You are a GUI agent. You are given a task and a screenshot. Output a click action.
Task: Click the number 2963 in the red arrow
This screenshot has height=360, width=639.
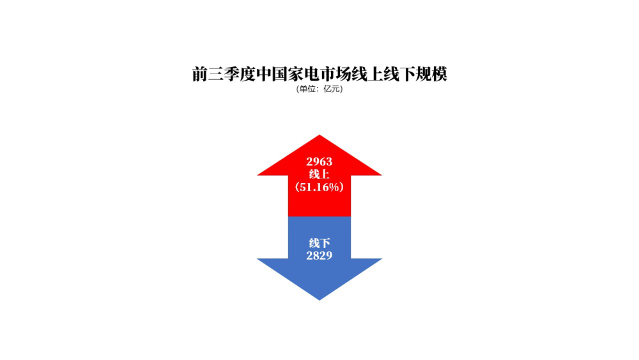(x=319, y=161)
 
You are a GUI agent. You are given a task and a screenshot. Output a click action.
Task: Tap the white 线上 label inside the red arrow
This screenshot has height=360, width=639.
(x=319, y=174)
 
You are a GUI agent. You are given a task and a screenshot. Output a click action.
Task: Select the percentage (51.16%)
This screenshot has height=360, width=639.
(x=319, y=187)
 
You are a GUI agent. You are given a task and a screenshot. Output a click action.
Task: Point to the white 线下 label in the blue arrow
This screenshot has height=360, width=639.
(x=319, y=244)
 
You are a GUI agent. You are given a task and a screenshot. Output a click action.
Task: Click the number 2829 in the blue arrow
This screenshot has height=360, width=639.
(x=319, y=256)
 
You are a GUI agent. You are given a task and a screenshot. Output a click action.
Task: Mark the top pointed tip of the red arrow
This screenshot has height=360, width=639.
(x=319, y=135)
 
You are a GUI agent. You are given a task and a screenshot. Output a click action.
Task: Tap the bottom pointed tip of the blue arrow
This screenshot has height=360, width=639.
(x=319, y=300)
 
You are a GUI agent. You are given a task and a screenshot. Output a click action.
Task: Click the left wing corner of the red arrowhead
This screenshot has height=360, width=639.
(x=258, y=175)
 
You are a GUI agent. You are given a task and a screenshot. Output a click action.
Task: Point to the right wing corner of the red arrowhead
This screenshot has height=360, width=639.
(x=381, y=175)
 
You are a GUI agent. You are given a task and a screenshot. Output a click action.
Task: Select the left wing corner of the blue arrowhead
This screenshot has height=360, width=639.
(x=258, y=259)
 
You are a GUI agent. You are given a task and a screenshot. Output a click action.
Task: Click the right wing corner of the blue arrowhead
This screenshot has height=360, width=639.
(x=381, y=259)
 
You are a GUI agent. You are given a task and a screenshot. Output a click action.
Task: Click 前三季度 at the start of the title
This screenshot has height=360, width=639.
(x=224, y=74)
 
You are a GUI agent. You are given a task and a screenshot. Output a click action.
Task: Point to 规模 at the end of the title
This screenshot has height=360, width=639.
(x=431, y=74)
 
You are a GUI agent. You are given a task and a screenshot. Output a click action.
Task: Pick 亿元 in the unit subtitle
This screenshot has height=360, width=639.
(x=331, y=89)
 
